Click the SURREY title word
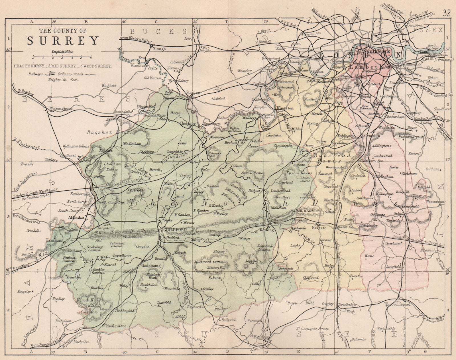coord(63,41)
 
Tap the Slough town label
coord(159,49)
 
